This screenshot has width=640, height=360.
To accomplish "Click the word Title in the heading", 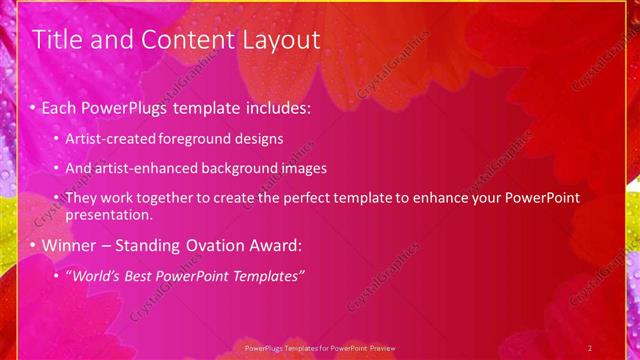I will (x=57, y=40).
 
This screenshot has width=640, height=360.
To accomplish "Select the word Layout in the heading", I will (x=279, y=40).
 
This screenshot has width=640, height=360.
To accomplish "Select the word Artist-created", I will (x=104, y=139).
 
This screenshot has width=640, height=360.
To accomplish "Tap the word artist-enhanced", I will (x=136, y=168).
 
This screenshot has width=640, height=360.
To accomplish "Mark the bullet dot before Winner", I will (x=33, y=245).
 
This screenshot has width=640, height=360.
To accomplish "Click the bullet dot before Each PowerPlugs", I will (x=33, y=106).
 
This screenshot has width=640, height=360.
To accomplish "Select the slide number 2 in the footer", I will (x=590, y=347).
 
